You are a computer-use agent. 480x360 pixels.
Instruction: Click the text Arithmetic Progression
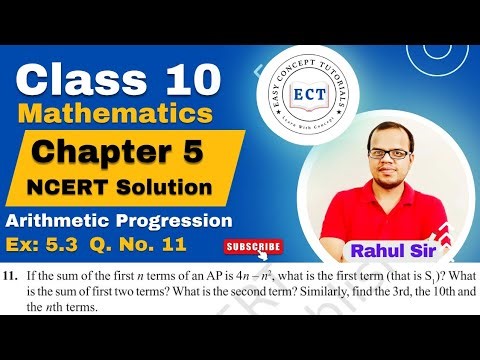point(120,220)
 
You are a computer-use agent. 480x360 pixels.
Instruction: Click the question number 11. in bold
point(17,275)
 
